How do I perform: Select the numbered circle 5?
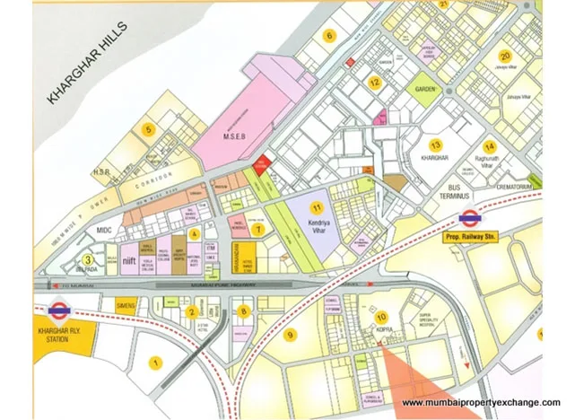tap(149, 129)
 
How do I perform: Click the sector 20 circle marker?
tap(506, 56)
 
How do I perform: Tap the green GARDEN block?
tap(425, 89)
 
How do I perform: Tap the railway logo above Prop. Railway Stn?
tap(467, 217)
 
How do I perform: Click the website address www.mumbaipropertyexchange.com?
tap(480, 400)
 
